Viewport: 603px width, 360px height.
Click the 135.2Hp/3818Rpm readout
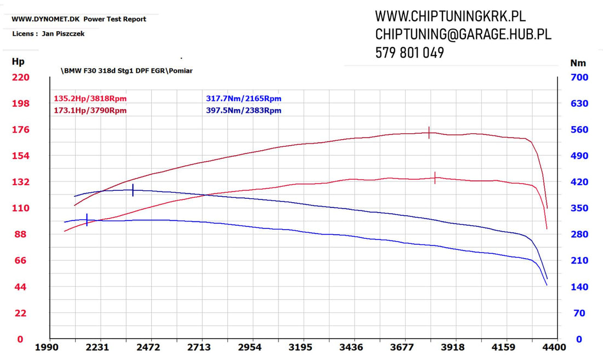coord(90,99)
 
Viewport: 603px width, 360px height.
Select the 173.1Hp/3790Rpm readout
coord(90,111)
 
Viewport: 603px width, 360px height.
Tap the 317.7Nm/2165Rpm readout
coord(243,99)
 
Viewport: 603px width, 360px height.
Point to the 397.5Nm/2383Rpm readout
coord(243,111)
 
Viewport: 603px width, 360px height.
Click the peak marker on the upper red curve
coord(429,133)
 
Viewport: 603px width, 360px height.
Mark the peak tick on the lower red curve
coord(435,178)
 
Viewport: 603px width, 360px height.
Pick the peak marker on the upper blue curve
coord(133,190)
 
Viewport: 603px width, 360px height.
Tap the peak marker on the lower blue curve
coord(87,220)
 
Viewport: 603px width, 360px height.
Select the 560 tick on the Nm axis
coord(579,130)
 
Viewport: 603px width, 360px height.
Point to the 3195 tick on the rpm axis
coord(300,347)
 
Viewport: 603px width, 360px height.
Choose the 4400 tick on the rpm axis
coord(555,347)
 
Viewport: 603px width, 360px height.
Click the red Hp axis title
coord(18,62)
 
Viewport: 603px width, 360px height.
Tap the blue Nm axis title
coord(578,62)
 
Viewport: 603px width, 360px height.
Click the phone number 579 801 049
coord(409,53)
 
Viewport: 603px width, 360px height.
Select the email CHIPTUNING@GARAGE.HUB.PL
coord(463,35)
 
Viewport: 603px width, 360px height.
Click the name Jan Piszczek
coord(63,34)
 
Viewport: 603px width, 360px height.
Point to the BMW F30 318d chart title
coord(127,71)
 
